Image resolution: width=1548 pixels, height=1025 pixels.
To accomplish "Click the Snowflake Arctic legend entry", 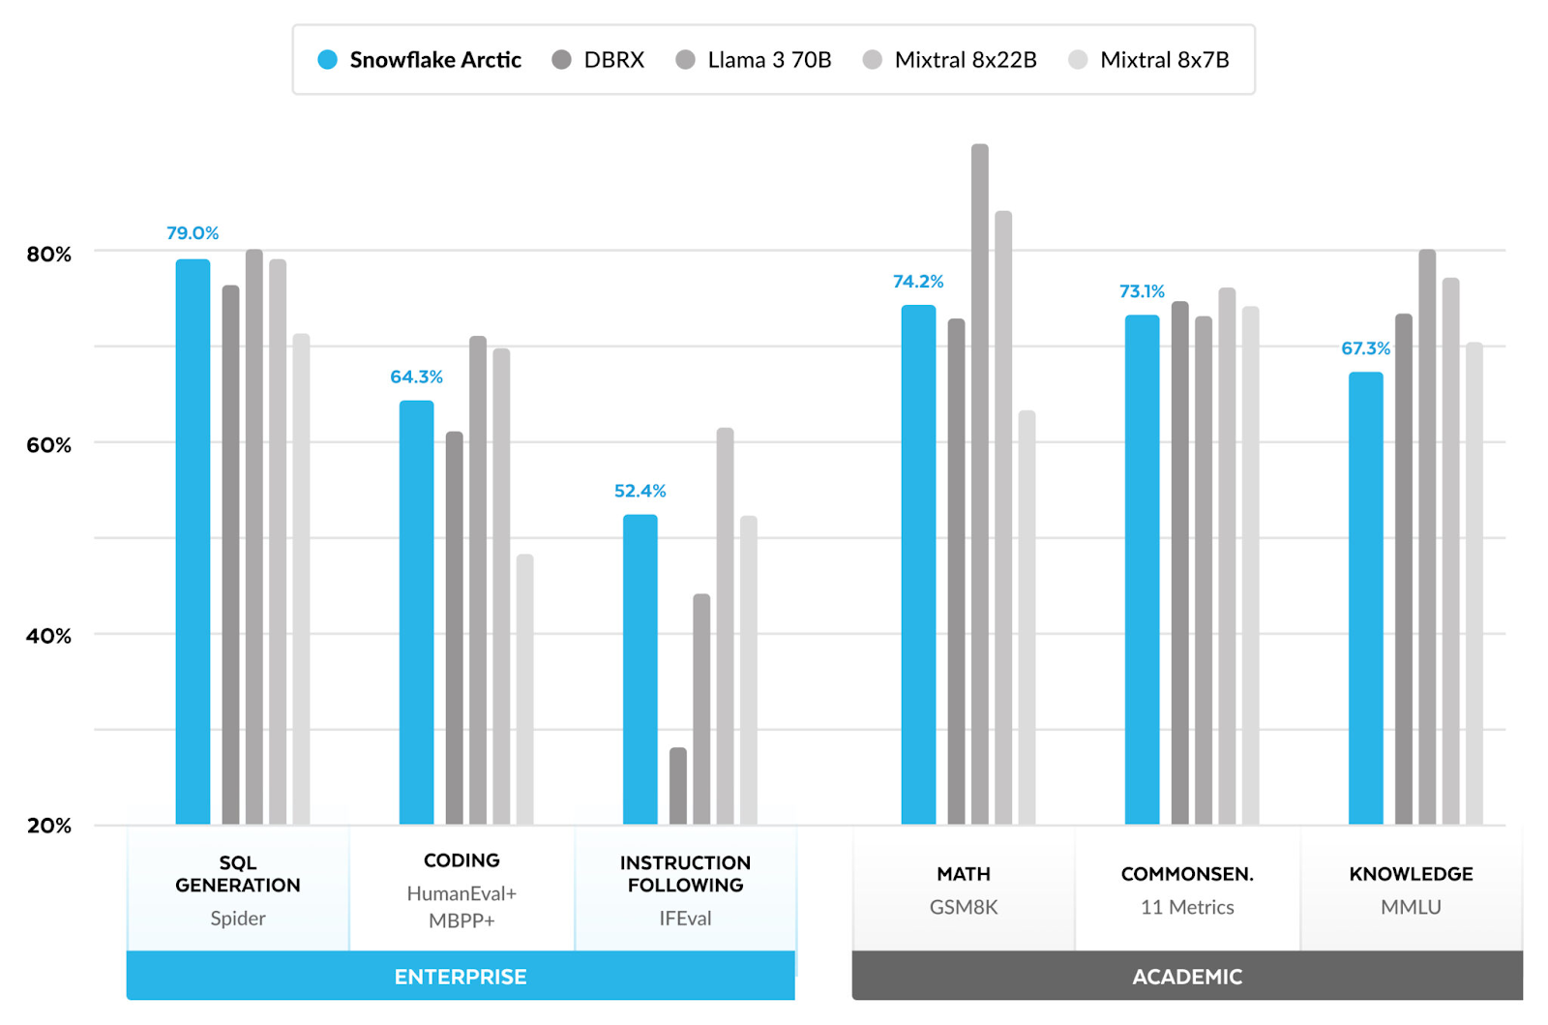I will (x=420, y=60).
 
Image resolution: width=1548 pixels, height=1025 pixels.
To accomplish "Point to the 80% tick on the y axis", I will (x=49, y=255).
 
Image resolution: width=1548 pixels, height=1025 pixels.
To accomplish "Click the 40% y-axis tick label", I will (x=49, y=636).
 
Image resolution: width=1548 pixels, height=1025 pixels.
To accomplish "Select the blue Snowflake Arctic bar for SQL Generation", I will (x=193, y=542).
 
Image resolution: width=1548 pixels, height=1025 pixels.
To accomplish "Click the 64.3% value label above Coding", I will (x=416, y=377).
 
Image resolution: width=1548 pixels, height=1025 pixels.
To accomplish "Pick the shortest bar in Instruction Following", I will (x=678, y=786).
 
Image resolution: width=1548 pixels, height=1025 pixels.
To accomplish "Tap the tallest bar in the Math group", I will (x=980, y=484).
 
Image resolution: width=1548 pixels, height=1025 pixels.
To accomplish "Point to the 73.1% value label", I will (x=1142, y=291).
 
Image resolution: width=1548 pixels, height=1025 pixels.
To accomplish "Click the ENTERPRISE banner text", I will (x=461, y=977).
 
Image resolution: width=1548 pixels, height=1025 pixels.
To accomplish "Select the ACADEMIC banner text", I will (x=1187, y=977).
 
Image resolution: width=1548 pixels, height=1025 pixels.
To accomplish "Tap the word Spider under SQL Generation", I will (x=238, y=918).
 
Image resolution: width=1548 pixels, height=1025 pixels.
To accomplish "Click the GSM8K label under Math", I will (x=964, y=907).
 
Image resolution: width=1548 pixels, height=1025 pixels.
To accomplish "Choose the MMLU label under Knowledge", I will (x=1411, y=907).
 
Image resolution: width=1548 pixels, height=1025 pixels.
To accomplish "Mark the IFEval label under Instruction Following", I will (x=685, y=918).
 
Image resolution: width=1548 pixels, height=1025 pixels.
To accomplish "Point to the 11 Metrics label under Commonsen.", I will (x=1187, y=907).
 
